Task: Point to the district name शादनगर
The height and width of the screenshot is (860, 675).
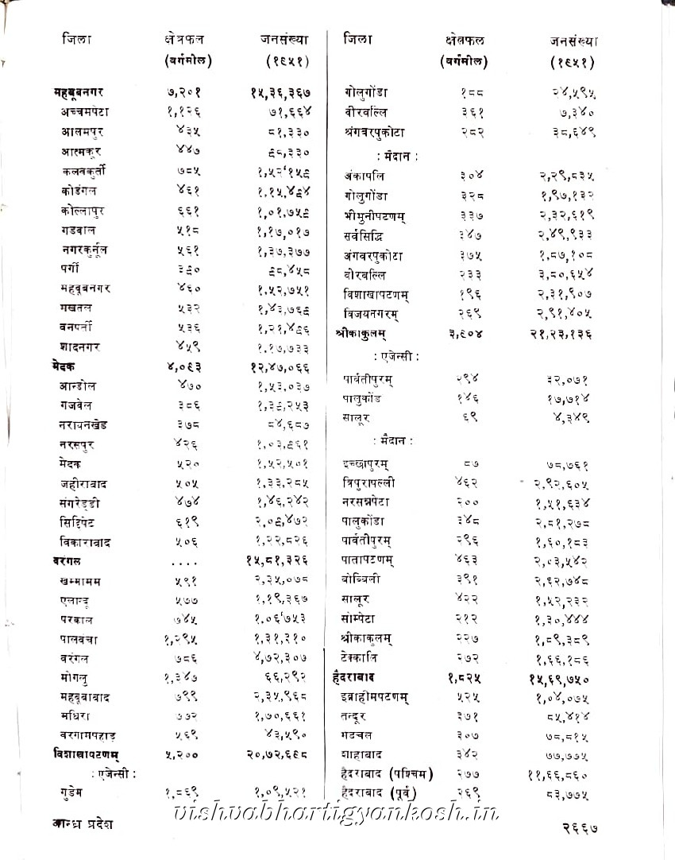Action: coord(81,347)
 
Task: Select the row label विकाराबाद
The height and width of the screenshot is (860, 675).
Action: coord(85,542)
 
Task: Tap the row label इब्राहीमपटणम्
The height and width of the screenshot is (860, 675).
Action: coord(377,697)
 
